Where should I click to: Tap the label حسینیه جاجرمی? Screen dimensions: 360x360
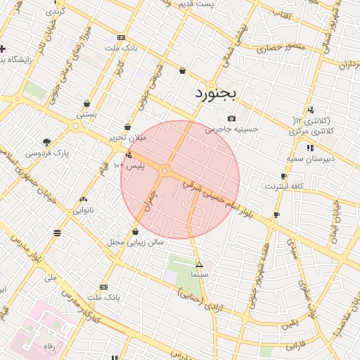click(232, 129)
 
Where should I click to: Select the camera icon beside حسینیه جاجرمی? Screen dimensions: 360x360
click(231, 117)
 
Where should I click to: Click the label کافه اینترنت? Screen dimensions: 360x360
click(283, 187)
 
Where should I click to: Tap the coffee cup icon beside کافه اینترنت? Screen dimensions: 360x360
click(283, 176)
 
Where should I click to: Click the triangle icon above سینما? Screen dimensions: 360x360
click(199, 265)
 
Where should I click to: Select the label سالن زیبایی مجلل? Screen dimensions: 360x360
click(135, 242)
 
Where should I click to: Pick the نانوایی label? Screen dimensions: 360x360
click(83, 210)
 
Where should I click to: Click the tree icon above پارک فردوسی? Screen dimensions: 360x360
click(47, 141)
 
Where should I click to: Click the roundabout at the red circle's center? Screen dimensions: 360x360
click(165, 171)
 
